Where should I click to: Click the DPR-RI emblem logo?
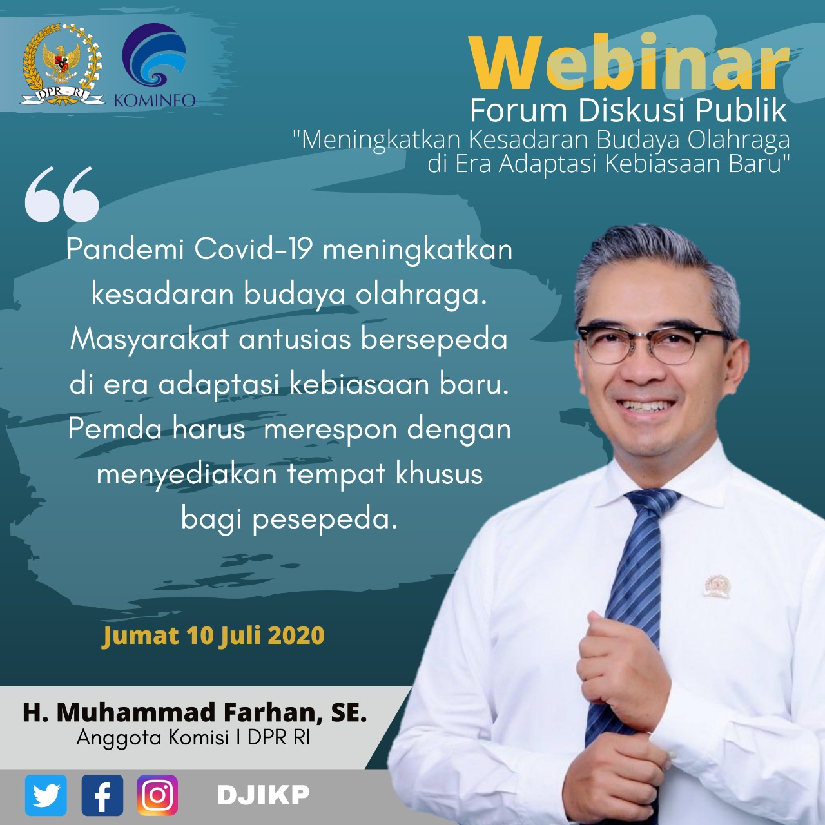coord(62,64)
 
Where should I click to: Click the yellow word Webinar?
coord(629,63)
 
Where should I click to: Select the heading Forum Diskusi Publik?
coord(628,111)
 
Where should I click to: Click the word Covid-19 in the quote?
coord(253,249)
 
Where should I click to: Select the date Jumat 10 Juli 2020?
coord(213,636)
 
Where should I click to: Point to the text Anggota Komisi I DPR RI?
coord(193,737)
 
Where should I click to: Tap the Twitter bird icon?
coord(46,795)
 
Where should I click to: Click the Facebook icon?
coord(102,795)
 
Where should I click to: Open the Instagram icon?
coord(157,795)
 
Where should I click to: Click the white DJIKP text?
coord(264,795)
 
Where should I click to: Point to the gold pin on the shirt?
coord(717,586)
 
